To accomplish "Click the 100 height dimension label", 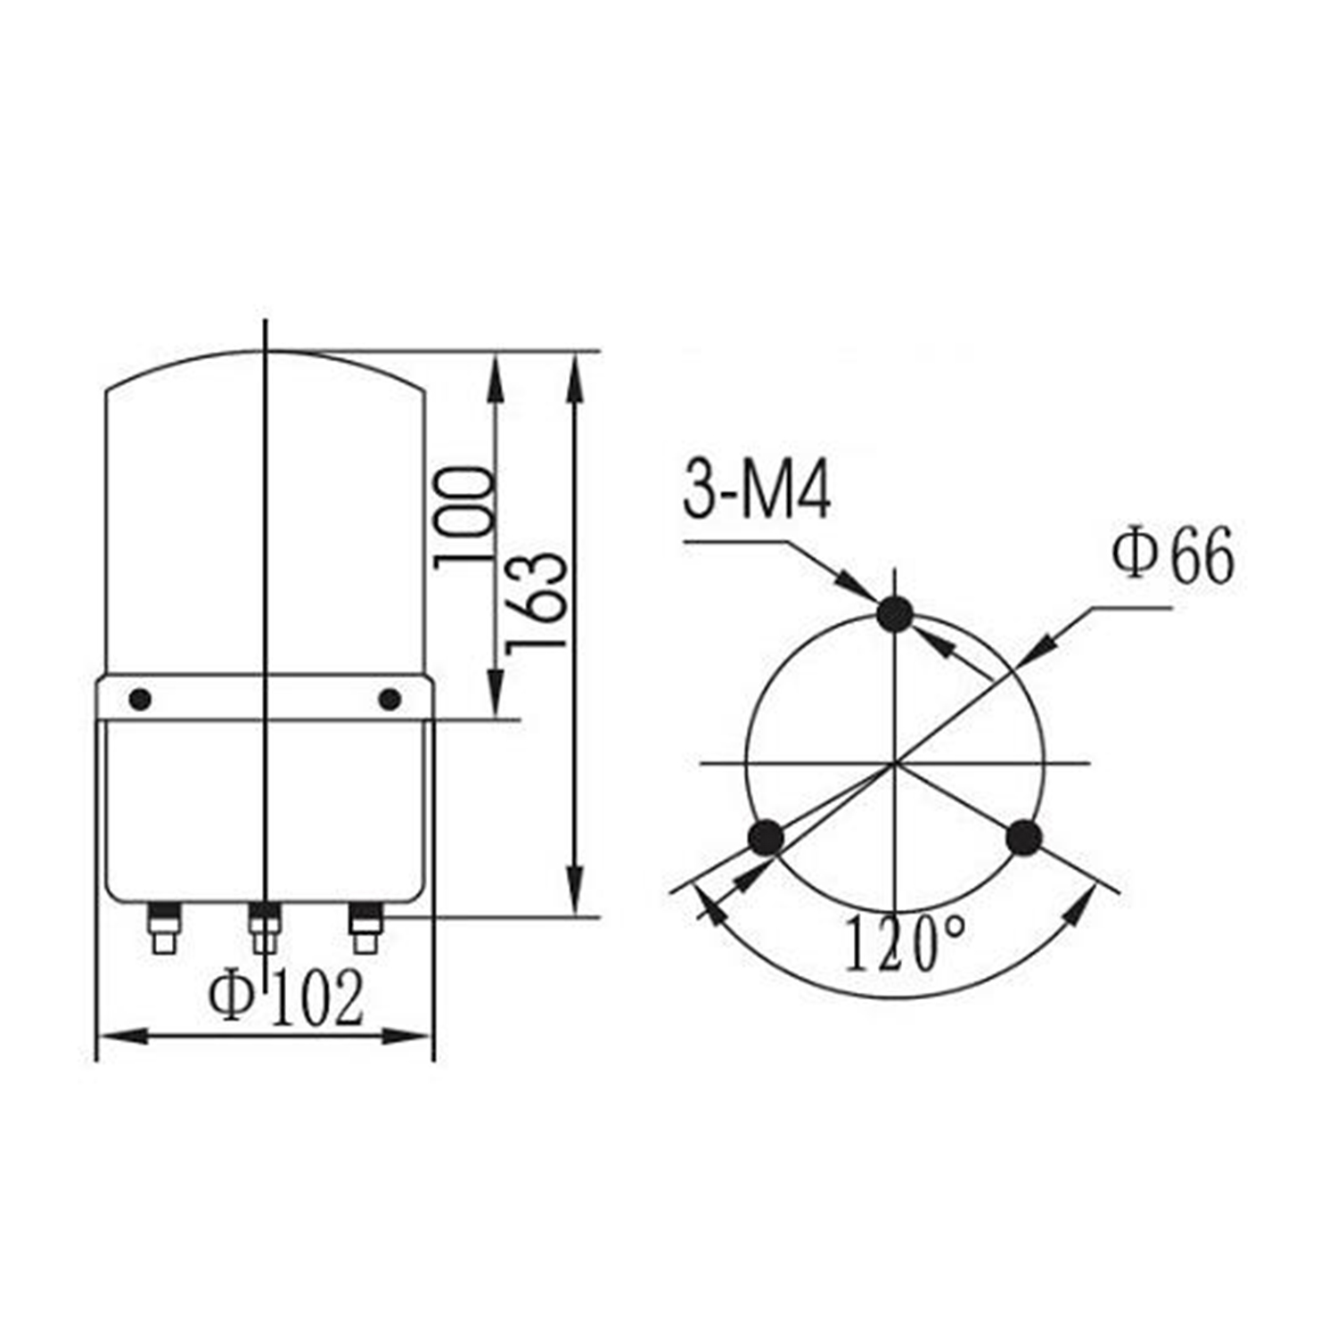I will (463, 517).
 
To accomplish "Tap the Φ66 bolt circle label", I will (1173, 555).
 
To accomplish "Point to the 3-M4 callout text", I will (757, 492).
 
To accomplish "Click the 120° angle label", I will (903, 943).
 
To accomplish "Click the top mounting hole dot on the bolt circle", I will (895, 614).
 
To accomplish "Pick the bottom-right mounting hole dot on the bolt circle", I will (1023, 838).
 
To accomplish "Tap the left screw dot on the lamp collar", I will (140, 700).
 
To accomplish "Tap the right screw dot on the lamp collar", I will (390, 700).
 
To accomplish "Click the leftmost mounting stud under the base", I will (162, 927).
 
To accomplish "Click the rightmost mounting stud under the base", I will (365, 927).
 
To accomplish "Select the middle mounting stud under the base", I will (264, 927).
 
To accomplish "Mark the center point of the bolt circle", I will (895, 764).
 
